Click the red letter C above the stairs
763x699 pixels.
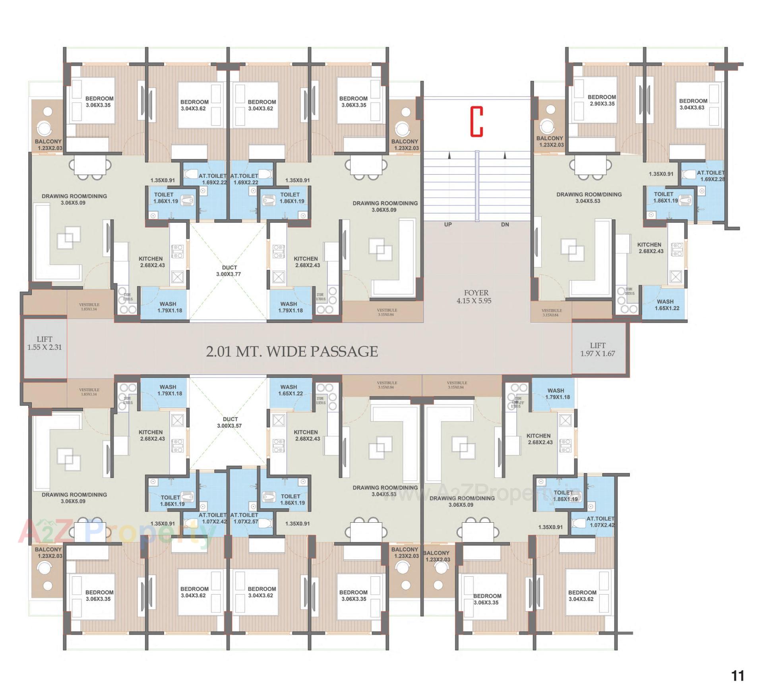(476, 122)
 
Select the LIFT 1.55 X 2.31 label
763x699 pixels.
(45, 343)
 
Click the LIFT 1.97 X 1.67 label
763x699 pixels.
(597, 349)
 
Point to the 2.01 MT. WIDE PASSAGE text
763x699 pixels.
(292, 351)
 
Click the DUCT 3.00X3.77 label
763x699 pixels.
(229, 270)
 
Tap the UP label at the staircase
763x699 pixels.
(448, 224)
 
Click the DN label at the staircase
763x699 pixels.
(505, 224)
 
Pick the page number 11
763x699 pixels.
(738, 676)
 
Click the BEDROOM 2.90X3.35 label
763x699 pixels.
(602, 100)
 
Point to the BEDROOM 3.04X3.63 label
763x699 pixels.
(693, 104)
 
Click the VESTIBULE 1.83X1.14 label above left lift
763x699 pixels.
(89, 307)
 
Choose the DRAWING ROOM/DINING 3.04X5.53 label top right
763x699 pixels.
(589, 197)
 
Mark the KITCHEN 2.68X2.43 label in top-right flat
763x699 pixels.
(651, 248)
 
